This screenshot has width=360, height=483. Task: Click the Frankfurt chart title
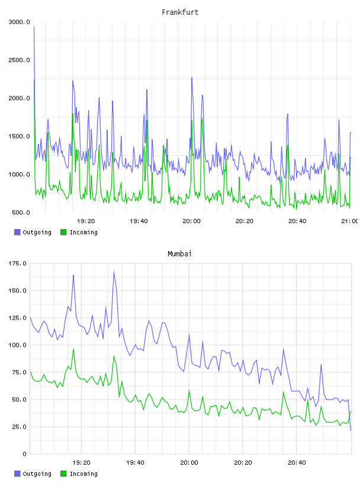[180, 12]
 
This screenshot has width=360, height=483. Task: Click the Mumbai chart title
[179, 253]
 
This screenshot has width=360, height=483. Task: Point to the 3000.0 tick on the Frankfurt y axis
[19, 22]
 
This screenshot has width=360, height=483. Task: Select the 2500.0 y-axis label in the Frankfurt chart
[19, 60]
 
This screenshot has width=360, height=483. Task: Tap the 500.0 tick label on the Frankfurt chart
[21, 212]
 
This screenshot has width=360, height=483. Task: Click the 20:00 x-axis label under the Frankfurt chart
[191, 221]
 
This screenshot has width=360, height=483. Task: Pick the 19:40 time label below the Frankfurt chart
[139, 221]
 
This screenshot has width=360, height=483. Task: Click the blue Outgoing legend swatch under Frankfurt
[17, 232]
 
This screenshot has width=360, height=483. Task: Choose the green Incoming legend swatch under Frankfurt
[63, 232]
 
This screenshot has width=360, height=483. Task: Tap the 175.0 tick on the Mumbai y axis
[18, 263]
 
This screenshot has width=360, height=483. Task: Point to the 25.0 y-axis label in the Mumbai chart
[19, 427]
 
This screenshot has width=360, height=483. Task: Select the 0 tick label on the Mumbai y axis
[25, 454]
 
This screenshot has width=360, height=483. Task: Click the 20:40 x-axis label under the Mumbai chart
[297, 463]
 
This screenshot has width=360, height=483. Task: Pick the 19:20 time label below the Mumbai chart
[81, 463]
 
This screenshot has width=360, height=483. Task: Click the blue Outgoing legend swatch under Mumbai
[17, 474]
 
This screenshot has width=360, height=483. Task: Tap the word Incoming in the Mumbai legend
[83, 474]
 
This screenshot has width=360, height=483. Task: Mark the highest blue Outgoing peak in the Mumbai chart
[114, 271]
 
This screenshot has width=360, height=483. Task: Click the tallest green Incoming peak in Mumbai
[73, 349]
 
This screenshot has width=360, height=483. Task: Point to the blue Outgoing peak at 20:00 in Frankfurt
[192, 78]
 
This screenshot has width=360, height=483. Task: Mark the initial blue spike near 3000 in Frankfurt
[34, 27]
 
